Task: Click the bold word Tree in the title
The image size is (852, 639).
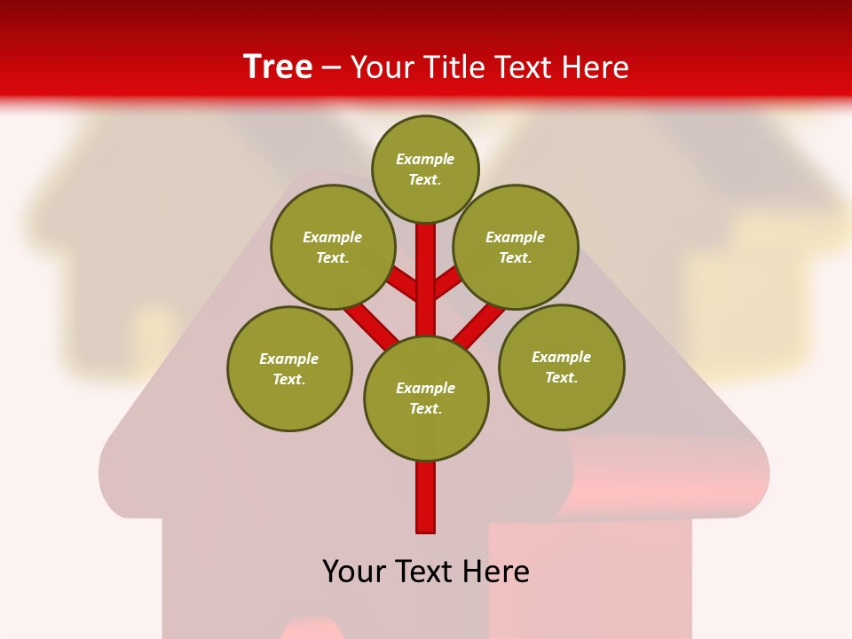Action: pyautogui.click(x=278, y=67)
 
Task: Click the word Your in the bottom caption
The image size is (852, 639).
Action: pyautogui.click(x=353, y=572)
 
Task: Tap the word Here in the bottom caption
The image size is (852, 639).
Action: pyautogui.click(x=496, y=572)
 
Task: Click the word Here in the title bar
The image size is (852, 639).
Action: pyautogui.click(x=596, y=67)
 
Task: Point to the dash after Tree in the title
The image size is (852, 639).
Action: pyautogui.click(x=332, y=68)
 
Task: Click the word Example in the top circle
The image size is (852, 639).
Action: pyautogui.click(x=425, y=160)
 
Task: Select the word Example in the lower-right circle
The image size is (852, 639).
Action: pyautogui.click(x=561, y=358)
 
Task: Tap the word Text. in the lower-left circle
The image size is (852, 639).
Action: pyautogui.click(x=289, y=380)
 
